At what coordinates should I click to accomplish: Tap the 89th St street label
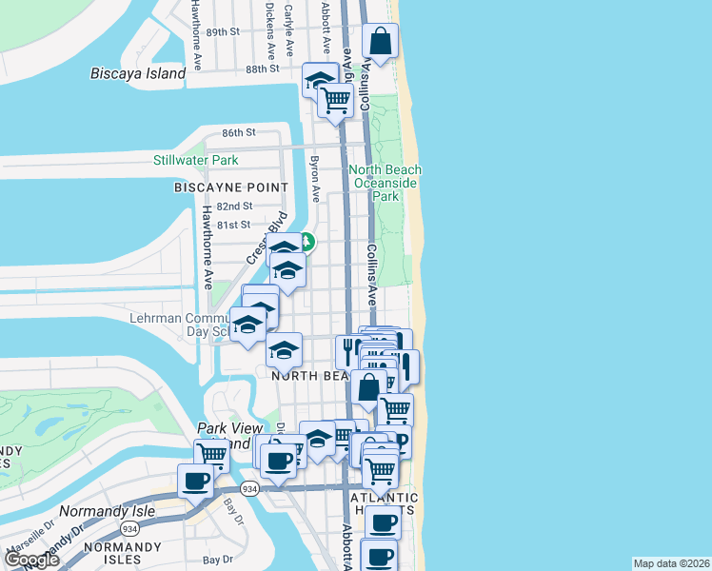[223, 31]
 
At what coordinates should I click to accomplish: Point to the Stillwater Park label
[196, 160]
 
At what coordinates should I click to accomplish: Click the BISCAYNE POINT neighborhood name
[225, 187]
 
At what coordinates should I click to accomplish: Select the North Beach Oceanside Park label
[386, 183]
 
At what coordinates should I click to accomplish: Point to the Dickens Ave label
[270, 35]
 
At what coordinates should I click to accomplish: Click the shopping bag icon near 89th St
[380, 42]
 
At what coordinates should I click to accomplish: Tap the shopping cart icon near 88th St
[335, 99]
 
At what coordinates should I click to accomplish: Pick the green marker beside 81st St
[308, 241]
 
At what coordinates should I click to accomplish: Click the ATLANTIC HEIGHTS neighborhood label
[385, 503]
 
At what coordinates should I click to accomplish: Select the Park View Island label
[225, 436]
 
